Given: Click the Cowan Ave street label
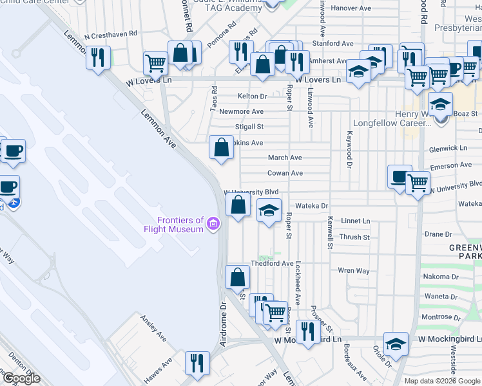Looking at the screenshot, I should [x=285, y=173].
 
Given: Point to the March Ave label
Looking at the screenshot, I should [x=285, y=158].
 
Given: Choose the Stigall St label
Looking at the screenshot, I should [x=250, y=127].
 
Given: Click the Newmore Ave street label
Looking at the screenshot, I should [x=242, y=111].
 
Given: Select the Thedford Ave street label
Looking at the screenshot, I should [x=272, y=263].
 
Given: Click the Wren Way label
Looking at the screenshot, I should [x=354, y=271].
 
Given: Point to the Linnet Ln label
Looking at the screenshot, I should [x=356, y=221].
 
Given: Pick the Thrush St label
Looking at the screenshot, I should [x=354, y=237].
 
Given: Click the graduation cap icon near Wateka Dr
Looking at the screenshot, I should [x=269, y=210].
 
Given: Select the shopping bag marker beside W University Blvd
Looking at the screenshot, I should [x=238, y=206].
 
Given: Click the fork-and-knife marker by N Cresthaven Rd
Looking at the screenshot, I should [x=98, y=58].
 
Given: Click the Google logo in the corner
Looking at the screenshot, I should [x=21, y=378].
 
